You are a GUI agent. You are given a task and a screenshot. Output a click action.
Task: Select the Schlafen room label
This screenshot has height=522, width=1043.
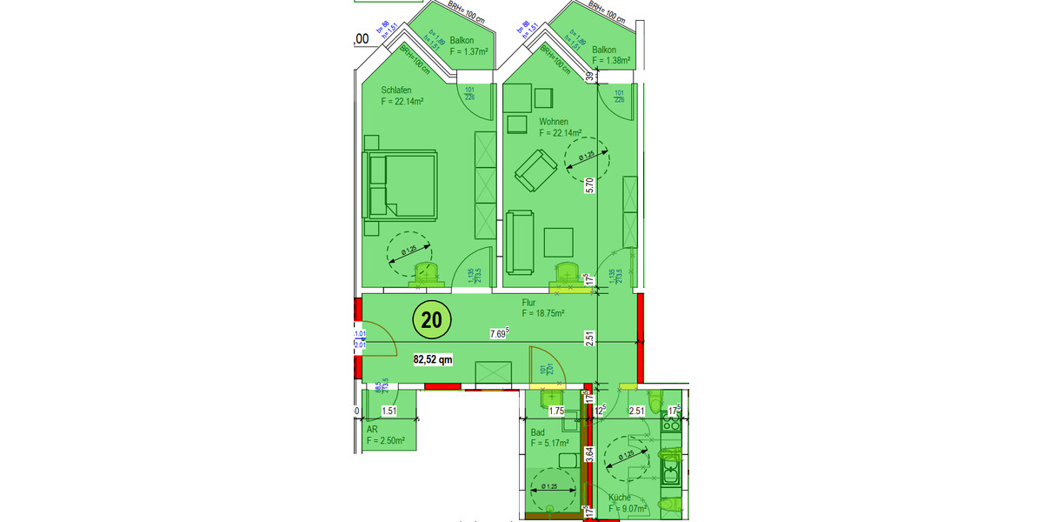tap(396, 90)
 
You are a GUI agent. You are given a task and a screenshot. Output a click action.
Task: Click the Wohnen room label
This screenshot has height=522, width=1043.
tap(554, 121)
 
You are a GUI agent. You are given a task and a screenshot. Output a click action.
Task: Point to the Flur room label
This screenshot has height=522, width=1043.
tap(530, 303)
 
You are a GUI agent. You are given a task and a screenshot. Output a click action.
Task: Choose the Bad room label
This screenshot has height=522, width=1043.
tap(537, 432)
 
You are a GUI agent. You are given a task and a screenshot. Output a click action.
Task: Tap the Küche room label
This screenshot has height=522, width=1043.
tap(621, 498)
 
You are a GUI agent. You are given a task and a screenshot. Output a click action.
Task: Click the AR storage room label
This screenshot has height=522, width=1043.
tap(372, 431)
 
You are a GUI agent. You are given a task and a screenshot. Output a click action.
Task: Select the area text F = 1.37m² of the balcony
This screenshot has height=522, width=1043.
tap(469, 52)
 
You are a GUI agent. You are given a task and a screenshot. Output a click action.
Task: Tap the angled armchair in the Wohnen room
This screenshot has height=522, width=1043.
tap(535, 171)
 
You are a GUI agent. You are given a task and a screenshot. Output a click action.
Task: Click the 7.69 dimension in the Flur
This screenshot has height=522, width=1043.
tap(499, 333)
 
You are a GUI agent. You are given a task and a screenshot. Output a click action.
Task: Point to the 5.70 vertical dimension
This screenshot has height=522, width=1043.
tap(589, 185)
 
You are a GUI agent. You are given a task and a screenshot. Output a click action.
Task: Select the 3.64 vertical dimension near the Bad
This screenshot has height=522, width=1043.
tap(589, 454)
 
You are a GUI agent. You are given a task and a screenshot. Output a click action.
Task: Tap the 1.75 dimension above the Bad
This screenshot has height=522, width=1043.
tap(558, 412)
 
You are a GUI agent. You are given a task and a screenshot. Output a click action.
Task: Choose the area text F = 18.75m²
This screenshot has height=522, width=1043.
tap(543, 313)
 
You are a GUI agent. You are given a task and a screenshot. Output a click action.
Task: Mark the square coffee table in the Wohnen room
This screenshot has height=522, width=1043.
tap(558, 243)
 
